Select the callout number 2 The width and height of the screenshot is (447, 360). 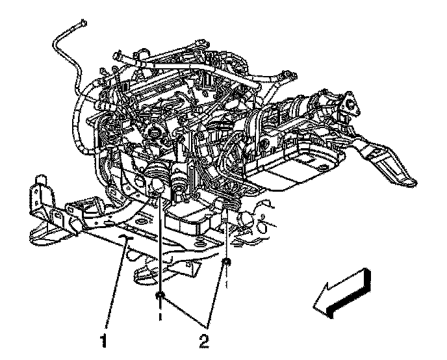click(x=204, y=341)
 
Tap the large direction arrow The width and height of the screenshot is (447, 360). click(x=342, y=294)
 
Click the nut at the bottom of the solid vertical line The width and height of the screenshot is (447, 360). click(x=160, y=295)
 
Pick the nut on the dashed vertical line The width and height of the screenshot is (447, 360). click(x=227, y=261)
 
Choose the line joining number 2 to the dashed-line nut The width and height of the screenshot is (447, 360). click(x=216, y=295)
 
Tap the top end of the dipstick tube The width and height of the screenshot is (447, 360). click(x=83, y=22)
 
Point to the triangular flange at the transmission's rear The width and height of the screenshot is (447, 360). click(x=350, y=104)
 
